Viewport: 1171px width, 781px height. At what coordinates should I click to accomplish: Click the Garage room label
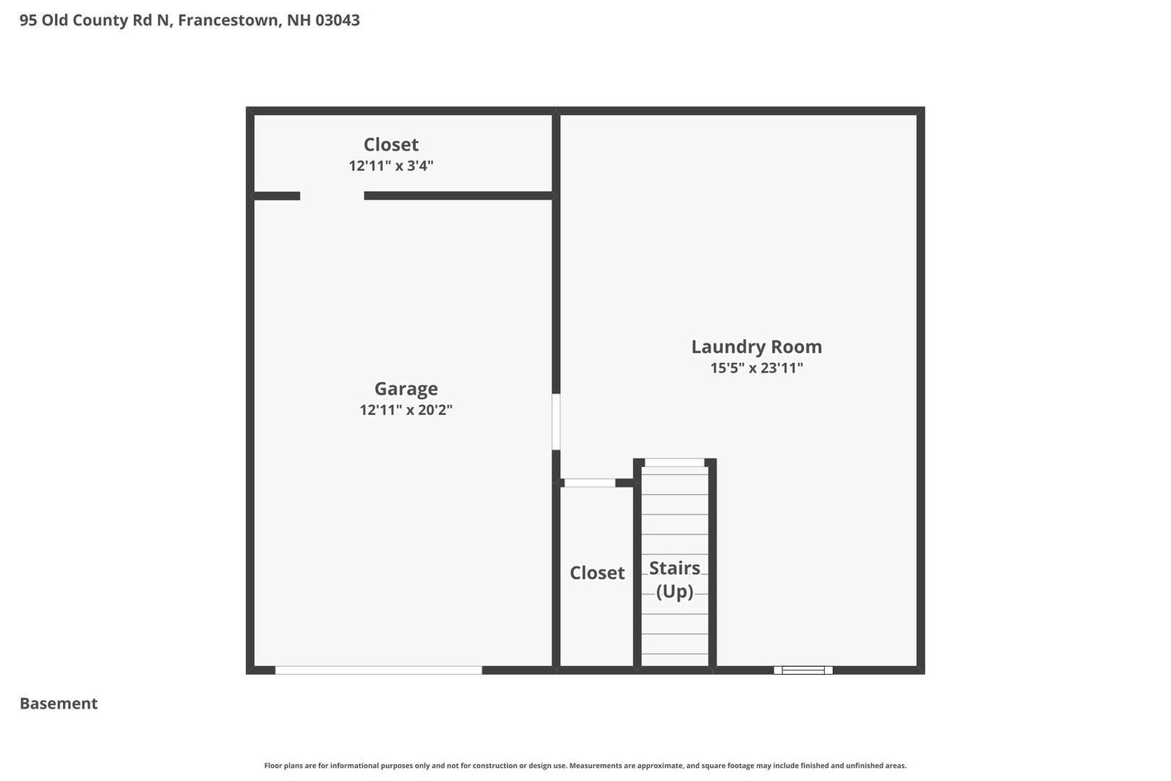click(x=405, y=389)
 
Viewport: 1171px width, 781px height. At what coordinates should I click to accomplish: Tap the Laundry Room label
click(x=757, y=347)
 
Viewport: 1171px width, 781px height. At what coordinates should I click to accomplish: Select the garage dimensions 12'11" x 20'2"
click(x=405, y=410)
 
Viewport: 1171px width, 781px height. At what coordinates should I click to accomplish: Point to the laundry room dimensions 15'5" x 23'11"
click(x=757, y=368)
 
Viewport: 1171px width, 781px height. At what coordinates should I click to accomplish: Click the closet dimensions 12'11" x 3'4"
click(x=391, y=165)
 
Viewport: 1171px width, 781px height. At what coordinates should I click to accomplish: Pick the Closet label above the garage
click(x=391, y=144)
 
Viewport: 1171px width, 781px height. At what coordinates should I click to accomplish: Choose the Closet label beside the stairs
click(x=597, y=573)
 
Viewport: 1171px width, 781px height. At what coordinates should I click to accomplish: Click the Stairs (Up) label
click(x=674, y=580)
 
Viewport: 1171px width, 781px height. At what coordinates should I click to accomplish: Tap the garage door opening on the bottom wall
click(x=378, y=670)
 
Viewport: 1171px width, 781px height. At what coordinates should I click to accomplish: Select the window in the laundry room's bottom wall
click(x=803, y=670)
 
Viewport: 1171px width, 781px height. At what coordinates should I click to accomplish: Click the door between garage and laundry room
click(x=556, y=422)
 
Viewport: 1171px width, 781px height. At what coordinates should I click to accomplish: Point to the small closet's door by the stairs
click(x=590, y=483)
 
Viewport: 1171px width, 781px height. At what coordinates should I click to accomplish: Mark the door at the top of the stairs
click(x=674, y=463)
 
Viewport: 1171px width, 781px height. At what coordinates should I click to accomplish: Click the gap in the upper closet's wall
click(x=332, y=196)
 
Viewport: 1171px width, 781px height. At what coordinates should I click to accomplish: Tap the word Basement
click(x=59, y=703)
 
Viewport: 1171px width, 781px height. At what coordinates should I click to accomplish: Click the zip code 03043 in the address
click(x=337, y=20)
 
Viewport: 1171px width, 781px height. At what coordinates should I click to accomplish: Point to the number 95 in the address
click(x=29, y=20)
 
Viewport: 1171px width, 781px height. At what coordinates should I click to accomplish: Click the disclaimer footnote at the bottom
click(x=585, y=766)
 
